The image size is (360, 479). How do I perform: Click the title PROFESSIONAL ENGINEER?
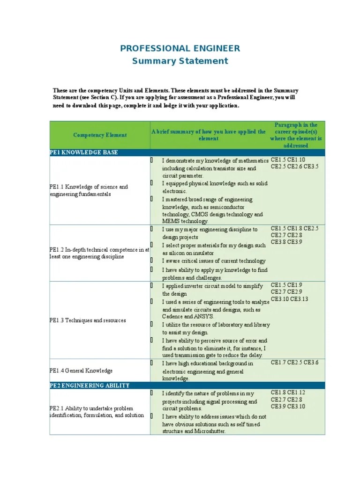[x=180, y=48]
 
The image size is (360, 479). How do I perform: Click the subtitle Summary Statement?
[x=180, y=61]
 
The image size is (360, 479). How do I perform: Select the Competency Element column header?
[x=100, y=135]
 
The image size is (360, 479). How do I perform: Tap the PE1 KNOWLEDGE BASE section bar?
[x=84, y=152]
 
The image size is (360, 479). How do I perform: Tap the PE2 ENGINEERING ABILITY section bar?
[x=90, y=385]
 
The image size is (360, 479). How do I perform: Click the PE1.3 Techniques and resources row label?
[x=88, y=320]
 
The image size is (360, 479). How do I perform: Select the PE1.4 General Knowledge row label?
[x=82, y=370]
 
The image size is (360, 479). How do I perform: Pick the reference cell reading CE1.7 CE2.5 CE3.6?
[x=295, y=363]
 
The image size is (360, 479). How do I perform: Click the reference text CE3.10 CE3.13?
[x=289, y=299]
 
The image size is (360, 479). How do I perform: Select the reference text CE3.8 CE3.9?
[x=286, y=242]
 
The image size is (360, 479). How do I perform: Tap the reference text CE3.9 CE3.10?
[x=287, y=406]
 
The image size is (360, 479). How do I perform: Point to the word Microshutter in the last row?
[x=210, y=431]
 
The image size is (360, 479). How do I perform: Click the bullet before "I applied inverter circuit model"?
[x=152, y=285]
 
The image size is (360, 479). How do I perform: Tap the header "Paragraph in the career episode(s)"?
[x=295, y=135]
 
